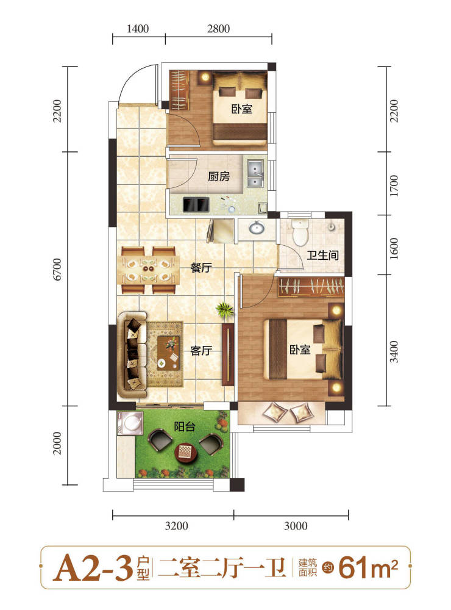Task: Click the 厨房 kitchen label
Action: [x=219, y=177]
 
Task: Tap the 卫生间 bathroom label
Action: [x=322, y=255]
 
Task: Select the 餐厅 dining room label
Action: [x=201, y=268]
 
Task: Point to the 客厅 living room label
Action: [x=201, y=351]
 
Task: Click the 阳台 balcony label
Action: [x=184, y=426]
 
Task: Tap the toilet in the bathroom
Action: [x=300, y=232]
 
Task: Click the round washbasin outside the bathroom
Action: [x=257, y=228]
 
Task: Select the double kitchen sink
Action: [x=255, y=173]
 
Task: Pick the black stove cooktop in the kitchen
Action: [x=196, y=204]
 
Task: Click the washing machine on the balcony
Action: [x=129, y=423]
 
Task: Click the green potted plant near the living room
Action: [x=225, y=310]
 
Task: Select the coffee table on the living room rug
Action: [x=169, y=353]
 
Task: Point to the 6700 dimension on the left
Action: [x=57, y=269]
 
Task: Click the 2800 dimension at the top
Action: [x=218, y=29]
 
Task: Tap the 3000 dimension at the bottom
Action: [x=296, y=526]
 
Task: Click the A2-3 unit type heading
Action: [x=93, y=569]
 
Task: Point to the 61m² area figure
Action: [x=368, y=568]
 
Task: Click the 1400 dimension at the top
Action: [x=138, y=29]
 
